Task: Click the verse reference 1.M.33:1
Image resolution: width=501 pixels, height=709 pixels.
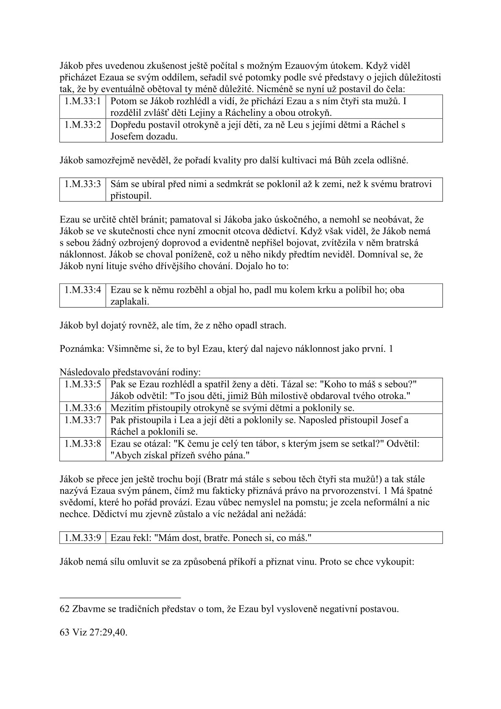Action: tap(83, 102)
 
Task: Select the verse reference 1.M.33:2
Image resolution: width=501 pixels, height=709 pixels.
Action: tap(83, 125)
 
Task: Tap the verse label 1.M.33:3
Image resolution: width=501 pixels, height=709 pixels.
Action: tap(83, 184)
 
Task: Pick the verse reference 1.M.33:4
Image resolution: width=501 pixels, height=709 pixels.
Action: tap(83, 290)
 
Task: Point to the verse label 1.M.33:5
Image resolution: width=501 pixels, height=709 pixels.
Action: tap(83, 385)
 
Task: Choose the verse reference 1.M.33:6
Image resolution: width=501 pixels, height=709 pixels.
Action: tap(83, 408)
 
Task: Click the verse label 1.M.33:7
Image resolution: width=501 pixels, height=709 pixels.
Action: tap(83, 420)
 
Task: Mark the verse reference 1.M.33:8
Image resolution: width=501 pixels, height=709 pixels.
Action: tap(83, 444)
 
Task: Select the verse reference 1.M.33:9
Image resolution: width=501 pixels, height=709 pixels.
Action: tap(83, 538)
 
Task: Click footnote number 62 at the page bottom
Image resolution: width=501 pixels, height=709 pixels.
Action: tap(65, 609)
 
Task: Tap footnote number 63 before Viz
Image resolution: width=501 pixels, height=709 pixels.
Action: tap(65, 633)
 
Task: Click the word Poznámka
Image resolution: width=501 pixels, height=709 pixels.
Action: tap(79, 349)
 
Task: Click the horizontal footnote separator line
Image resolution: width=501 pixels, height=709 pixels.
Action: tap(120, 597)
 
